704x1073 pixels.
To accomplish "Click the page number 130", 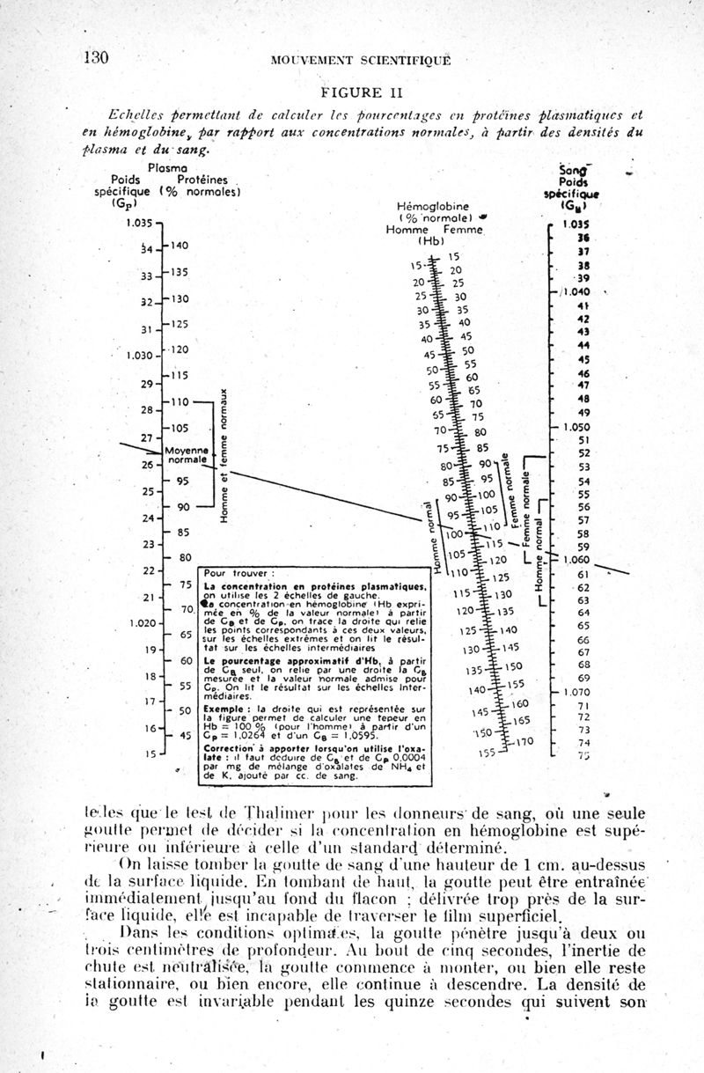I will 95,58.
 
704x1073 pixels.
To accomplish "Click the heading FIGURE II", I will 351,92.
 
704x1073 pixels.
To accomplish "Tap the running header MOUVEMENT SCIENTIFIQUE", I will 361,60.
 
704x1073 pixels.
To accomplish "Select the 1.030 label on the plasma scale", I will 137,356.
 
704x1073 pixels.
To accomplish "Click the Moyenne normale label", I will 185,454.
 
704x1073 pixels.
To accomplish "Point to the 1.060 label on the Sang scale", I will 576,559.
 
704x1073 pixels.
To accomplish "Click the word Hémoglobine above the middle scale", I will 435,206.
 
